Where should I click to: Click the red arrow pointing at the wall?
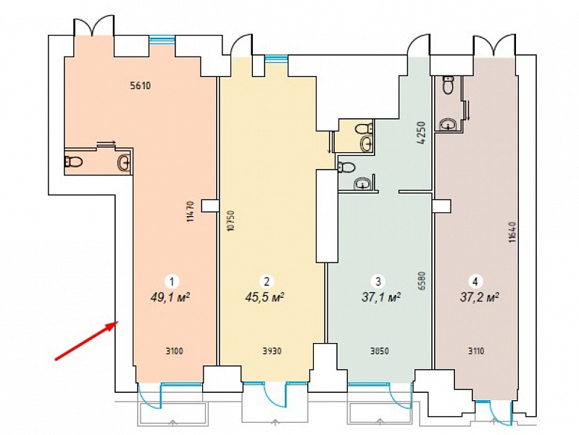pos(86,340)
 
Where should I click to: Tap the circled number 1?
pos(171,282)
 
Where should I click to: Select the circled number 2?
pos(267,281)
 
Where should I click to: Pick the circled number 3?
pos(378,281)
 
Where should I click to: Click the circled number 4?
pos(475,281)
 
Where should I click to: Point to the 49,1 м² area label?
pos(170,297)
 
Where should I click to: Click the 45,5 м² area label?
pos(264,297)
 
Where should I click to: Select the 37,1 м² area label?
pos(381,297)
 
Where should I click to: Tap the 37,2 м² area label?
pos(480,297)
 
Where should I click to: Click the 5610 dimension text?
pos(141,86)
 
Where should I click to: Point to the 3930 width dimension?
pos(272,351)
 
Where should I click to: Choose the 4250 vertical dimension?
pos(422,133)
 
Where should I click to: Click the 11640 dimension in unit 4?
pos(512,232)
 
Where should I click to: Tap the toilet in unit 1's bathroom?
pos(73,162)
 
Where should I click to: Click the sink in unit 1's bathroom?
pos(124,162)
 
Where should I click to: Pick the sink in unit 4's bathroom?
pos(449,124)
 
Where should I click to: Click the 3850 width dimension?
pos(380,351)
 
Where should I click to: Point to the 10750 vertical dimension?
pos(231,220)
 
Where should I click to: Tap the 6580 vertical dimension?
pos(422,283)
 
